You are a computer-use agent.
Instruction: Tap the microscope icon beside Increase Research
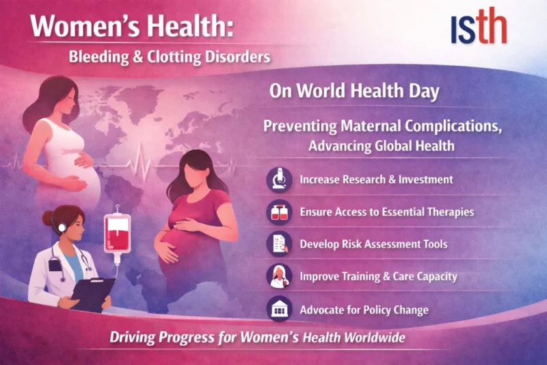(x=279, y=179)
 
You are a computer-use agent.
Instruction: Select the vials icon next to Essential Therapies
(x=279, y=212)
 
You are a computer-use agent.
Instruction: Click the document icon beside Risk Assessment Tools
(x=279, y=244)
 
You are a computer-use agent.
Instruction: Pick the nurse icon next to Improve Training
(x=279, y=277)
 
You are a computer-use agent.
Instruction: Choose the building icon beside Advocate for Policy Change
(x=279, y=310)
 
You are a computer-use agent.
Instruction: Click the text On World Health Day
(x=353, y=92)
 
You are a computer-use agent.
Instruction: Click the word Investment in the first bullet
(x=422, y=179)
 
